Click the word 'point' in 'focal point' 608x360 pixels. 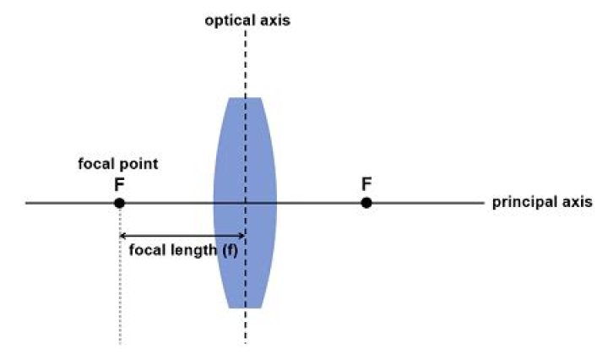(x=139, y=164)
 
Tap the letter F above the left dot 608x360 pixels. (x=119, y=185)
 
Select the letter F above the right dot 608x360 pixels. (x=366, y=184)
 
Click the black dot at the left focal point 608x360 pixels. (x=119, y=203)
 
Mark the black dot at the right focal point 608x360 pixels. (x=366, y=203)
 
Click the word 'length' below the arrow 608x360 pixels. (x=193, y=250)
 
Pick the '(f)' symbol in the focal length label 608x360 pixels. (x=230, y=250)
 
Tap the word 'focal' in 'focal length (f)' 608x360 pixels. (x=148, y=250)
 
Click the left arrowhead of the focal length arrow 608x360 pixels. (x=122, y=236)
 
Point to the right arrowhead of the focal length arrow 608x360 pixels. (x=242, y=236)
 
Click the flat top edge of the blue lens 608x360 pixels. (x=245, y=98)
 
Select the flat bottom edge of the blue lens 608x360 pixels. (x=245, y=308)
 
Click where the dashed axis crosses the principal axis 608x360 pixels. (x=246, y=203)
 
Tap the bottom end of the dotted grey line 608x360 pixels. (x=120, y=343)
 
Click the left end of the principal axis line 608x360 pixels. (x=26, y=203)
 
